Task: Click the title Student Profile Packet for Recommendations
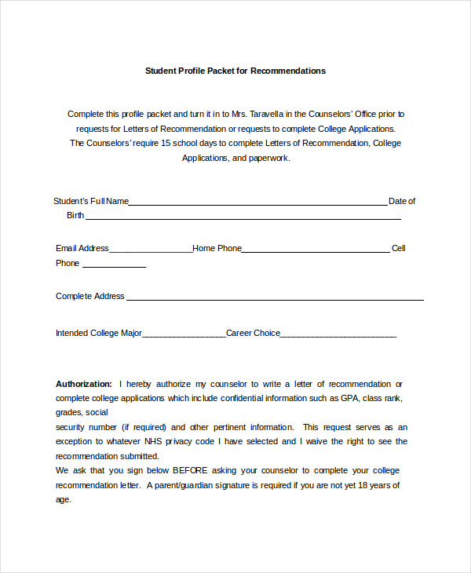pyautogui.click(x=235, y=71)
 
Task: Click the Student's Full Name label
pyautogui.click(x=91, y=201)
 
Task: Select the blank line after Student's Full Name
pyautogui.click(x=257, y=203)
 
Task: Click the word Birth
pyautogui.click(x=75, y=215)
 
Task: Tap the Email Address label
pyautogui.click(x=82, y=248)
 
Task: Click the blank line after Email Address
pyautogui.click(x=150, y=251)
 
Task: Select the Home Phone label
pyautogui.click(x=217, y=248)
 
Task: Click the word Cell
pyautogui.click(x=399, y=248)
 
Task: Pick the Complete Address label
pyautogui.click(x=90, y=296)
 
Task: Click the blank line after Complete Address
pyautogui.click(x=275, y=299)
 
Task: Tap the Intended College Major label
pyautogui.click(x=99, y=333)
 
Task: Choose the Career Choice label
pyautogui.click(x=253, y=333)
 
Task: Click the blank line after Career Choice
pyautogui.click(x=338, y=336)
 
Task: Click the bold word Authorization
pyautogui.click(x=84, y=384)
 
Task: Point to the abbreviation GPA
pyautogui.click(x=349, y=398)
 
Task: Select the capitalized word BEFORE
pyautogui.click(x=190, y=470)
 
